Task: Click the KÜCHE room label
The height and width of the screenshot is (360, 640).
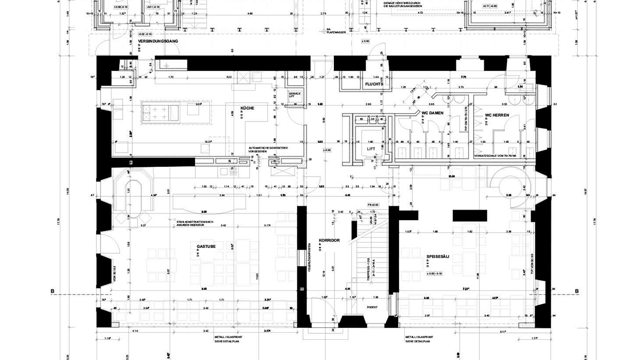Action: coord(247,108)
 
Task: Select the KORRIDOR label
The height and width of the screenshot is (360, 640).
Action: coord(330,241)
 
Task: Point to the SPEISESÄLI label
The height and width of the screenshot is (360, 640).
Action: coord(438,257)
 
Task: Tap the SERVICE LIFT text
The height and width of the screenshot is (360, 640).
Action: coord(295,95)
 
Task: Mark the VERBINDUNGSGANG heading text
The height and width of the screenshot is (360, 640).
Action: coord(157,41)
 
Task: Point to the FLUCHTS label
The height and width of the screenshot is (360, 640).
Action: coord(374,85)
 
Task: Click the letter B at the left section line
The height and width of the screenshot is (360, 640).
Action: coord(52,291)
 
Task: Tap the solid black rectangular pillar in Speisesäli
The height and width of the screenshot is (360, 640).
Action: coord(469,215)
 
